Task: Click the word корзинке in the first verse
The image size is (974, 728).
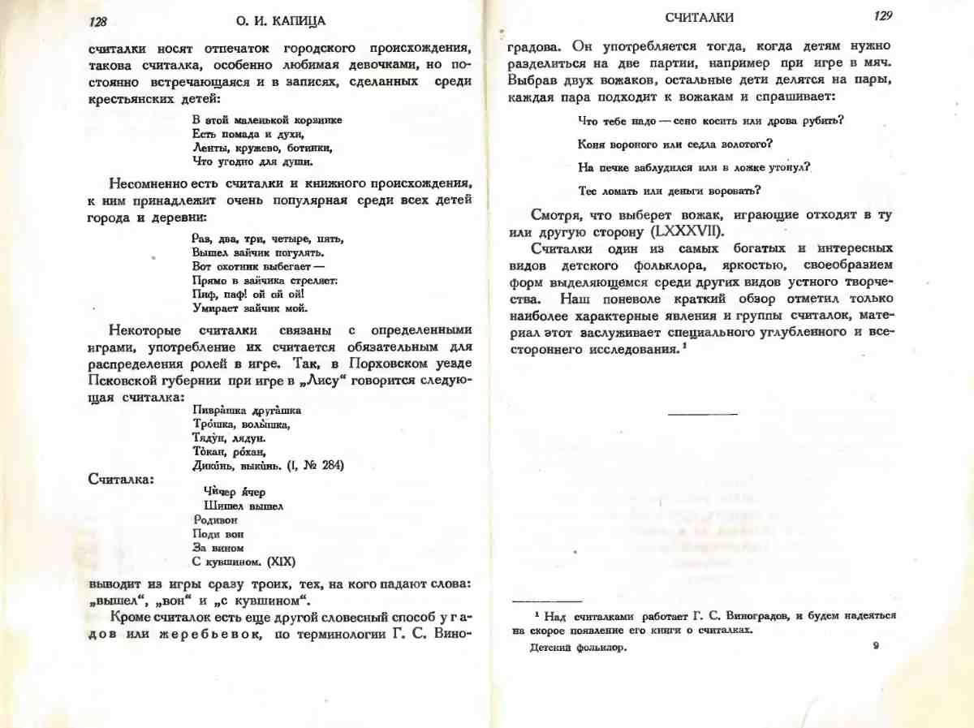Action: (x=316, y=120)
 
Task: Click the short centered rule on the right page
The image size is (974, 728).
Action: (x=702, y=415)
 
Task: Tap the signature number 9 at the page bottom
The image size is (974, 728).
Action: (x=876, y=645)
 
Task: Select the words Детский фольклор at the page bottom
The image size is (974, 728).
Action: (x=578, y=648)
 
